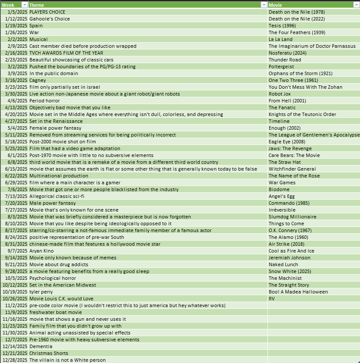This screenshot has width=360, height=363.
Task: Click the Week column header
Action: coord(8,5)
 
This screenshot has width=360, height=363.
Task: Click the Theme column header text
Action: coord(37,5)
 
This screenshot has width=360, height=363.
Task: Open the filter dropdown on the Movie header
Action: coord(356,5)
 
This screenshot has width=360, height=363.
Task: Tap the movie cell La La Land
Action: coord(280,39)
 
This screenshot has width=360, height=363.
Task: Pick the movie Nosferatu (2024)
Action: coord(287,53)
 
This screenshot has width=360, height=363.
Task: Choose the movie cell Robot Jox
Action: coord(280,94)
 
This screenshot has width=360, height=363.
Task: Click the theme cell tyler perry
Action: coord(41,292)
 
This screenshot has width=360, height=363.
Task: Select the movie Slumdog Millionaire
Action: coord(292,217)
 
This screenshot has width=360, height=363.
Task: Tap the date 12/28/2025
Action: coord(15,360)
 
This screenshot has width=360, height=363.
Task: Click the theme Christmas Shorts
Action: coord(48,353)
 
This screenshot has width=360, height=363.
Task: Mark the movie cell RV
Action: coord(272,299)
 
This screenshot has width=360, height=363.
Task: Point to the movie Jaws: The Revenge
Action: coord(290,148)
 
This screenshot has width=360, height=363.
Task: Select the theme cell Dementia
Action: coord(41,346)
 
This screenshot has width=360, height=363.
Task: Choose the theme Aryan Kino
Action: coord(42,251)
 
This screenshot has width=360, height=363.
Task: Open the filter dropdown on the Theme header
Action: coord(264,5)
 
